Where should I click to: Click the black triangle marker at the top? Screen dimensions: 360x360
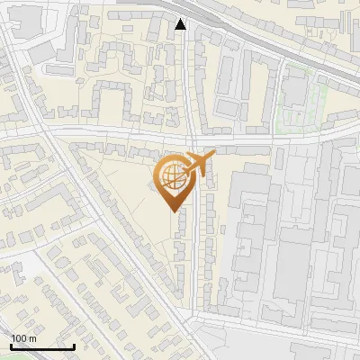(181, 24)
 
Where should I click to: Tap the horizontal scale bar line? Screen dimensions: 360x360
(42, 346)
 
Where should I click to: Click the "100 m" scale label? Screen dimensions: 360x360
(23, 338)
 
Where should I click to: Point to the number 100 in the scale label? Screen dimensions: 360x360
(19, 338)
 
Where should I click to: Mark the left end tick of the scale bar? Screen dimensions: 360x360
(11, 345)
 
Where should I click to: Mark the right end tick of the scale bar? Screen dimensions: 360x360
(74, 345)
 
